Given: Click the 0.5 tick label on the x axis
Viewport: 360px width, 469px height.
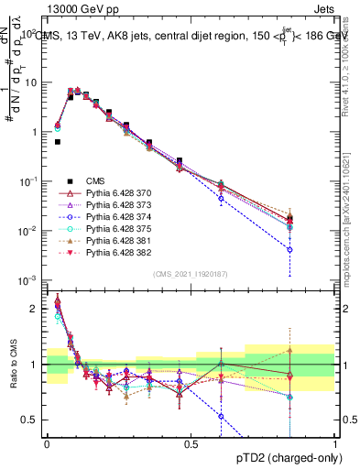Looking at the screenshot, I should tap(191, 443).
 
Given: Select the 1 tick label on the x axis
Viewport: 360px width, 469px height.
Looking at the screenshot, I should tap(335, 443).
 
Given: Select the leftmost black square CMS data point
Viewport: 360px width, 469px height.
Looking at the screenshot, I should tap(58, 142).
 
